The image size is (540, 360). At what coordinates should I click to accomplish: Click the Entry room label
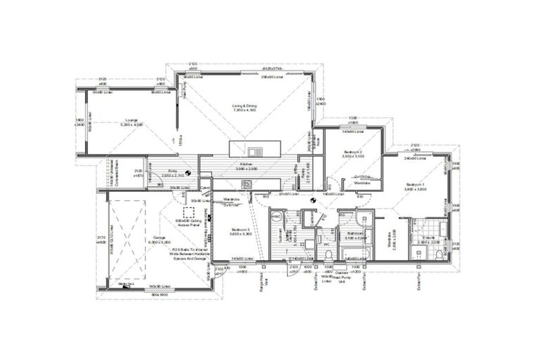(x=172, y=170)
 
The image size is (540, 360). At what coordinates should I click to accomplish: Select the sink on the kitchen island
(x=254, y=150)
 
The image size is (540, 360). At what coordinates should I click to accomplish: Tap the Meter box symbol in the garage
(x=127, y=285)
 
